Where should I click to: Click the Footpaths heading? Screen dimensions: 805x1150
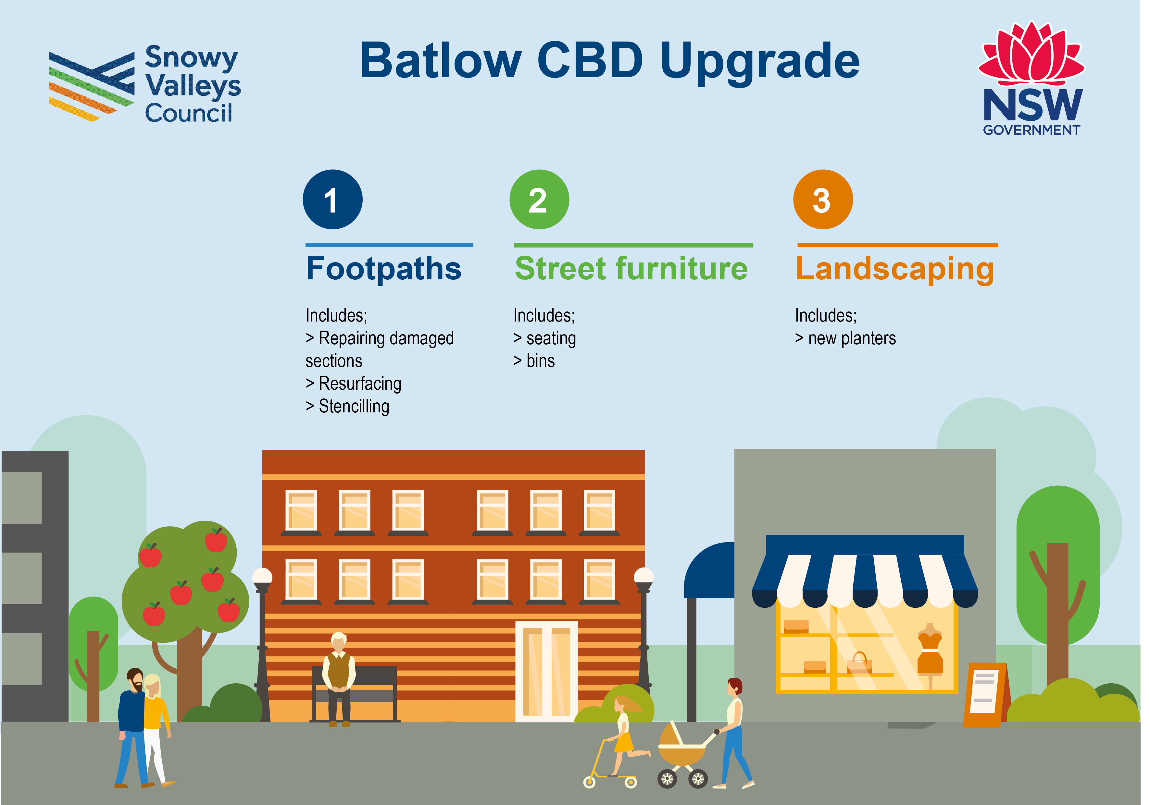[x=384, y=269]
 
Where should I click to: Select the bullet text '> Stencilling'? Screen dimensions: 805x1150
[x=348, y=406]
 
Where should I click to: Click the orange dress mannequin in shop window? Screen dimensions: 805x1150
[x=930, y=651]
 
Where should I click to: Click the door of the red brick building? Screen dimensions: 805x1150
[x=546, y=671]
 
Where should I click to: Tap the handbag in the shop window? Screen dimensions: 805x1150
[x=859, y=663]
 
